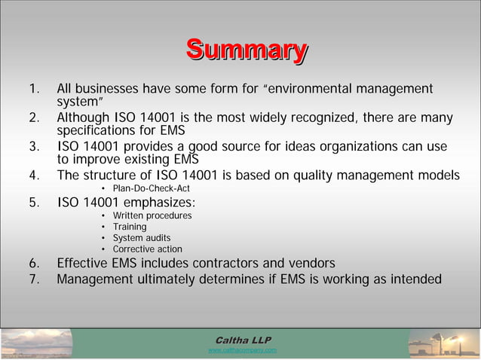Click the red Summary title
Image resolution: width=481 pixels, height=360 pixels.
pos(247,50)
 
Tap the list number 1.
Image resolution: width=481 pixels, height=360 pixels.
pos(32,90)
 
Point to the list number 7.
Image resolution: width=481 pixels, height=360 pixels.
pos(33,279)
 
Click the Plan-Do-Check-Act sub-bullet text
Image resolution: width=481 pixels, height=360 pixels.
pos(151,188)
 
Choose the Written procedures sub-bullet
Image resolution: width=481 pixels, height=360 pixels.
pos(152,216)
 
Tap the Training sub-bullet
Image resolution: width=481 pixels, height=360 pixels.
pos(130,227)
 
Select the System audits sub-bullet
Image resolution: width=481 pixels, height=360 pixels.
pos(142,238)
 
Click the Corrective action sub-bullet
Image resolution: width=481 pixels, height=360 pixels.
pos(148,249)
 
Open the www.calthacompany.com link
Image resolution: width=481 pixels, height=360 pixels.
pos(242,350)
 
